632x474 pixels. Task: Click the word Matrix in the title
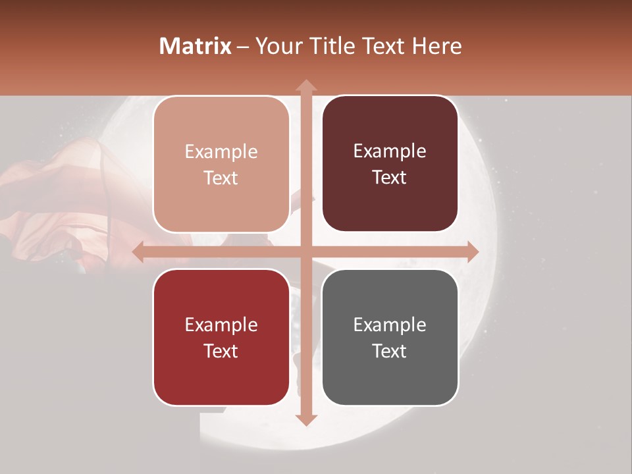click(x=195, y=46)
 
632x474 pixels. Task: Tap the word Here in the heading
click(x=436, y=46)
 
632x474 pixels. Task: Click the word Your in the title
click(x=276, y=46)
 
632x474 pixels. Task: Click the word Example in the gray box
click(x=390, y=325)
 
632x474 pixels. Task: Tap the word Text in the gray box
click(x=390, y=351)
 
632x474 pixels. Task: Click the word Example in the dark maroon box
click(x=390, y=151)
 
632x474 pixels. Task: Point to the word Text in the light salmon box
click(x=221, y=178)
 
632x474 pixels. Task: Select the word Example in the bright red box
click(x=221, y=325)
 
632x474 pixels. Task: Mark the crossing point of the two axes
click(x=305, y=252)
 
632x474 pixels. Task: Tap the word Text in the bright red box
click(x=221, y=351)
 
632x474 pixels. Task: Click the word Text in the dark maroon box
click(x=390, y=178)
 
